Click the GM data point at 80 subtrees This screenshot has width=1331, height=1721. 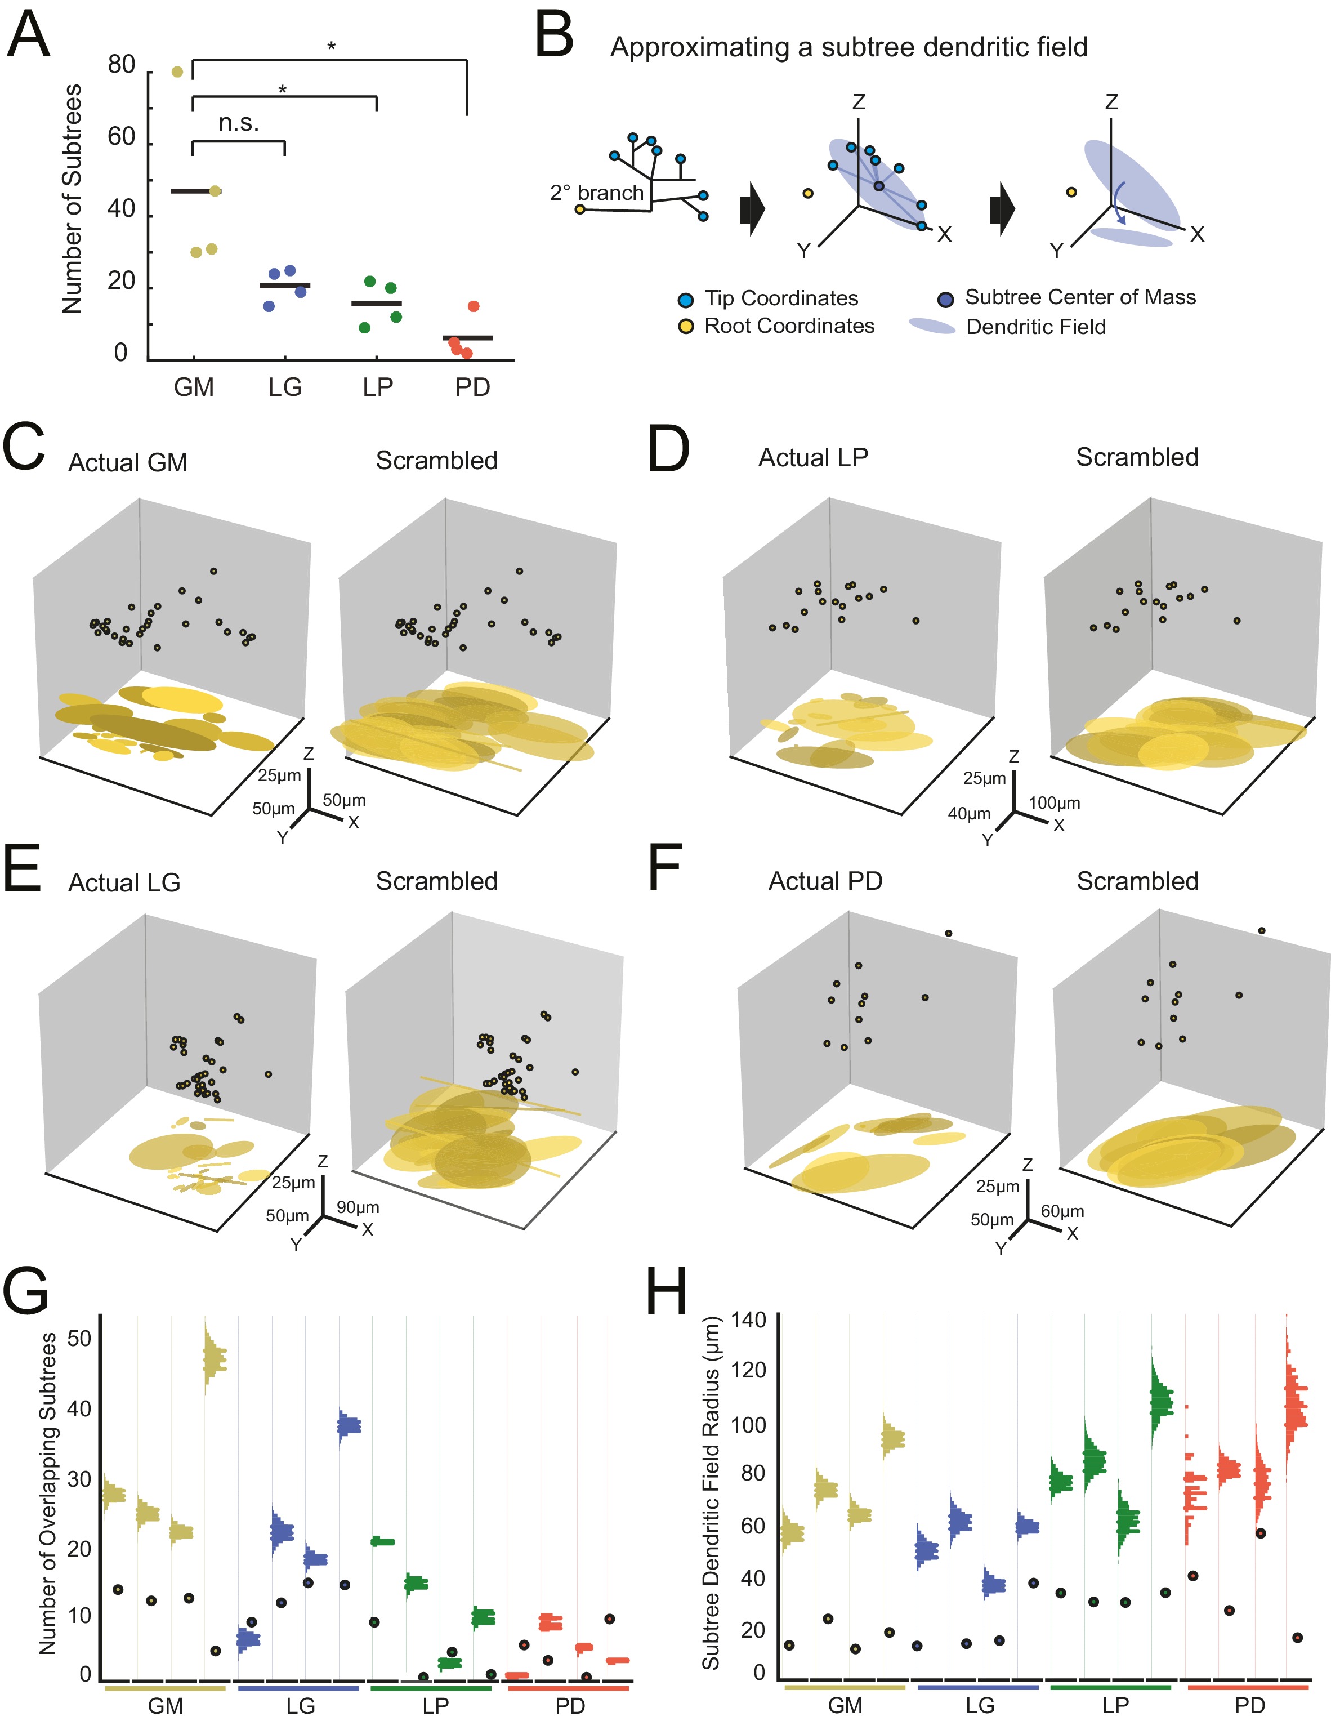(177, 72)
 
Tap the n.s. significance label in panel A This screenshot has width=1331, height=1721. (238, 123)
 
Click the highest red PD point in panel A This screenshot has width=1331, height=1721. (473, 306)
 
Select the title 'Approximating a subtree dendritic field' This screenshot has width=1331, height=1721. (848, 47)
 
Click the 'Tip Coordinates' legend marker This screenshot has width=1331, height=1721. (686, 300)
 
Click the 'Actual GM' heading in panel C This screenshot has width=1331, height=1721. (128, 462)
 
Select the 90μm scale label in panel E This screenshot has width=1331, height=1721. (358, 1207)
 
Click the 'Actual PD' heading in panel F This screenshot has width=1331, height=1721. (825, 881)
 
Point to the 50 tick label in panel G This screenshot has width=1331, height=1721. (79, 1338)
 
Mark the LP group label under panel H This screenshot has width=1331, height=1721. (1115, 1705)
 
